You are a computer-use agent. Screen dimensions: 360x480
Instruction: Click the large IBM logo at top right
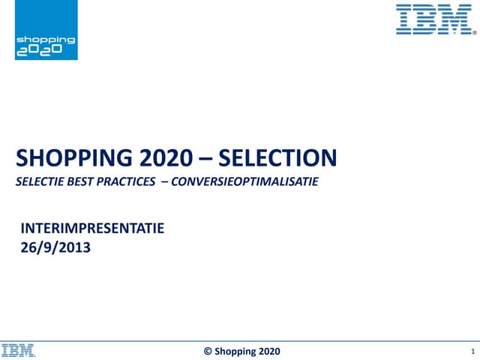(434, 19)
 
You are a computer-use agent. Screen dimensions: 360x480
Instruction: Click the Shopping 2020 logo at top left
(46, 30)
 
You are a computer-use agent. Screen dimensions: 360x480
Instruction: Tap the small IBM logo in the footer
(19, 350)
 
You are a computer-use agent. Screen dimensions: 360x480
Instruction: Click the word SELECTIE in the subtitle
(40, 181)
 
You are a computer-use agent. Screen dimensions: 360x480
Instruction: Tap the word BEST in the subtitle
(82, 181)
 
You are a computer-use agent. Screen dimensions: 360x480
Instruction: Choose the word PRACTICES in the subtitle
(127, 181)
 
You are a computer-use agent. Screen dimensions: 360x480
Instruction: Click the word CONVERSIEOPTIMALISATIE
(244, 181)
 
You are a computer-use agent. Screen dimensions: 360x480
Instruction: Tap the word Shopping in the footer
(234, 351)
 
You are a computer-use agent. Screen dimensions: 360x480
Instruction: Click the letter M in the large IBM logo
(457, 19)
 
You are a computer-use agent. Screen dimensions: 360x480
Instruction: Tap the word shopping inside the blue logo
(46, 39)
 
